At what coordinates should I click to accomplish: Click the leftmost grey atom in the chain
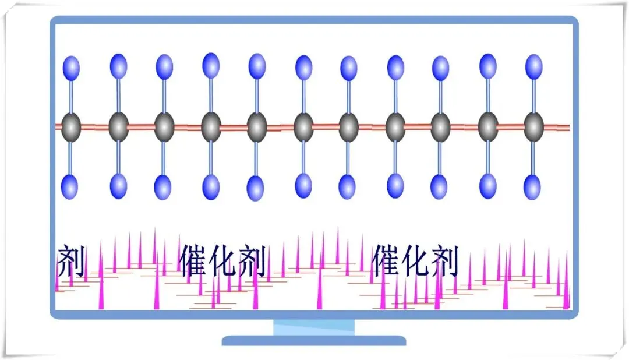(x=71, y=126)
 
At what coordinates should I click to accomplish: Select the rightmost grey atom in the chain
(x=533, y=126)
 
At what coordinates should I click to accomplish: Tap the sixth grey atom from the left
(x=303, y=127)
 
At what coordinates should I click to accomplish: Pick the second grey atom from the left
(x=118, y=126)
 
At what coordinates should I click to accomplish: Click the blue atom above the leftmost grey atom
(x=71, y=68)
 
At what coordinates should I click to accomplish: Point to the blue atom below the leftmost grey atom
(x=70, y=186)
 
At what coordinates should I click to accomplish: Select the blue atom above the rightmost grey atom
(x=533, y=66)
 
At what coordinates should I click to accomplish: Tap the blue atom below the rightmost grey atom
(x=532, y=187)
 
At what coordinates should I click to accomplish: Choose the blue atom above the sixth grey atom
(x=303, y=68)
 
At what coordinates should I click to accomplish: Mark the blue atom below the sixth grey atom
(x=303, y=185)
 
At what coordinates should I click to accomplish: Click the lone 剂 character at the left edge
(x=71, y=262)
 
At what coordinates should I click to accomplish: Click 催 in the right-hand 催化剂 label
(x=387, y=260)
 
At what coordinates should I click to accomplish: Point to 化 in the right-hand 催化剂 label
(x=416, y=260)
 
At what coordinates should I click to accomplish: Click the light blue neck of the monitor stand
(x=314, y=327)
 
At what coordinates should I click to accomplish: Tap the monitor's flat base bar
(x=314, y=340)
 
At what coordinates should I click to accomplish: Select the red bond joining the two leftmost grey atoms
(x=94, y=127)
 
